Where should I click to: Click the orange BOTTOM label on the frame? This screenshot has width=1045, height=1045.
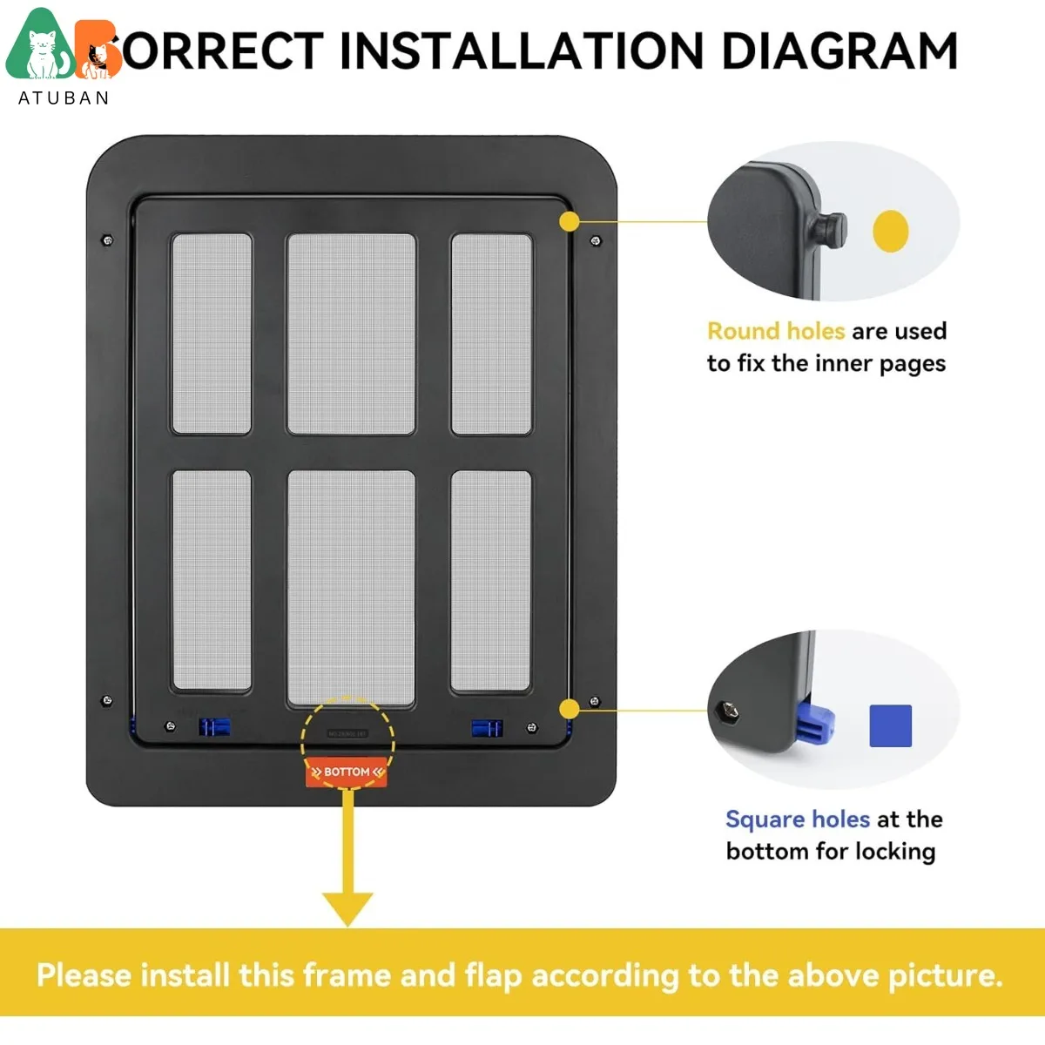347,772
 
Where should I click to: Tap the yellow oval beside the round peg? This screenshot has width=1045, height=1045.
890,232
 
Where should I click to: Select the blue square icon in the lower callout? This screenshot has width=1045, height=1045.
890,725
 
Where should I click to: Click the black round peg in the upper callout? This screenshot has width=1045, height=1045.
828,230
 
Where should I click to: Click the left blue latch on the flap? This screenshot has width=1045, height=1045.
213,727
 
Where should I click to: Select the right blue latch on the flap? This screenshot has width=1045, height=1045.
487,728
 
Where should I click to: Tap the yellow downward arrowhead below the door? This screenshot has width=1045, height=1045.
347,908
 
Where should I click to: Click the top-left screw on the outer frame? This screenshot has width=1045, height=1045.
107,240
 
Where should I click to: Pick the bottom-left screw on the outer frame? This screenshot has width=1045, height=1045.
107,700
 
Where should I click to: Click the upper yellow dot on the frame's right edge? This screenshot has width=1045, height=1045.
569,221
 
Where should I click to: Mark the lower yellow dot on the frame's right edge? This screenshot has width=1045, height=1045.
569,709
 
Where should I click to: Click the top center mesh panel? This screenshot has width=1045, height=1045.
351,334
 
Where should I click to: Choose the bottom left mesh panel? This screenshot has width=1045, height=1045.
212,581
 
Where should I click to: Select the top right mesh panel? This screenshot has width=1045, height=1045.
491,334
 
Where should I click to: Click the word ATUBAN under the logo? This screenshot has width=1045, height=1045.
64,98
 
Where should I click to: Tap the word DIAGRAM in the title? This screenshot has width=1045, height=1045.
839,51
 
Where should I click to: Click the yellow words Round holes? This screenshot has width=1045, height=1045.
775,331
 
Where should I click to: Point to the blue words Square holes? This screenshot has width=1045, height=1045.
797,819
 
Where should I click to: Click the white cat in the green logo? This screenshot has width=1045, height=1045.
40,54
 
